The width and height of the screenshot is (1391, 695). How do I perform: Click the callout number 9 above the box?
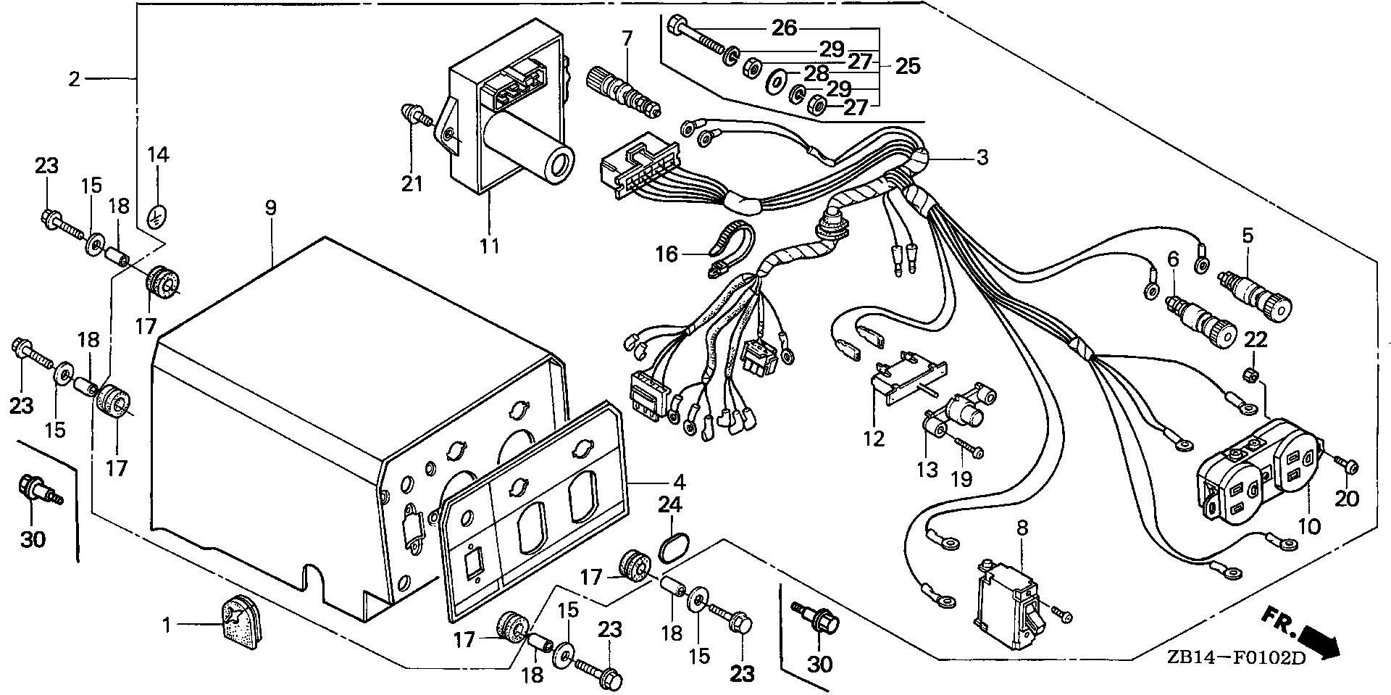point(270,209)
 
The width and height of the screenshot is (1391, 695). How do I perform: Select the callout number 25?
point(907,67)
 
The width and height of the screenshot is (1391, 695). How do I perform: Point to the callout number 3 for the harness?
point(982,157)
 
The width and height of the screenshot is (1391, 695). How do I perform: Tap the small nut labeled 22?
point(1253,375)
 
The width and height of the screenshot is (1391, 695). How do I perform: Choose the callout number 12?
point(874,438)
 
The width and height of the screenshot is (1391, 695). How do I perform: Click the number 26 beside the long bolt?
point(784,28)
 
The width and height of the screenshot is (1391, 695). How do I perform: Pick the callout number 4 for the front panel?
point(680,481)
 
